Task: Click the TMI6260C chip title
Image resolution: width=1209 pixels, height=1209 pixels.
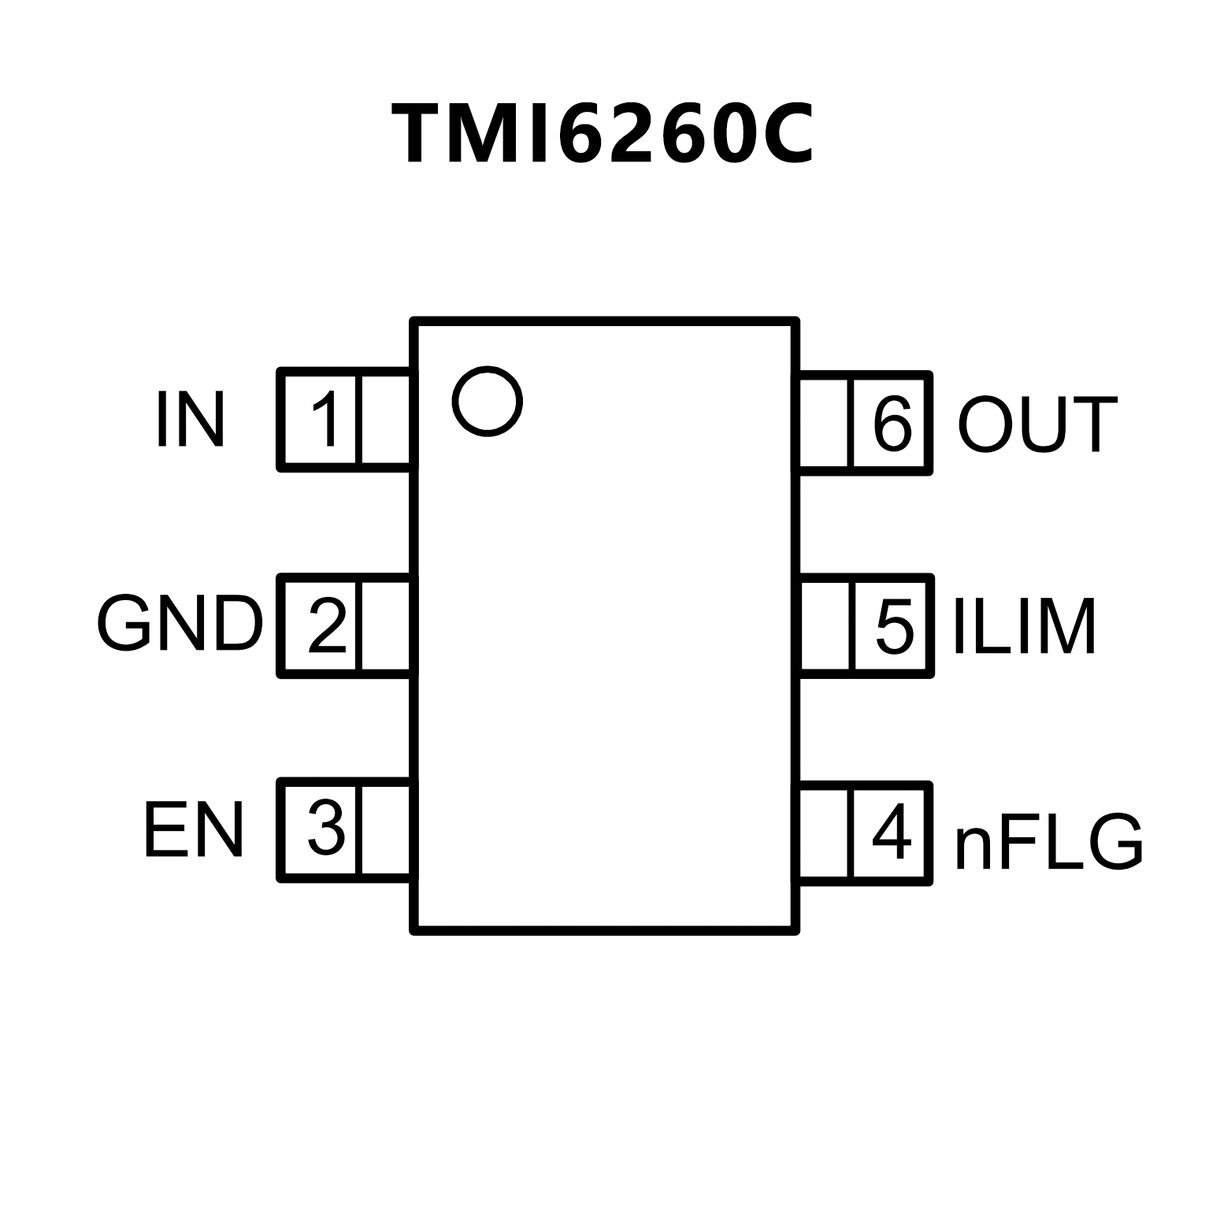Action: (603, 134)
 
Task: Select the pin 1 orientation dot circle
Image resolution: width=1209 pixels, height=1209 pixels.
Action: (488, 401)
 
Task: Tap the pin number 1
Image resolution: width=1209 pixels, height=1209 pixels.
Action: (325, 419)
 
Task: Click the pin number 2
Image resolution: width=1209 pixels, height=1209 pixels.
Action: (326, 625)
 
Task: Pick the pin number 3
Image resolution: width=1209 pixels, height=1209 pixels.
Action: (325, 829)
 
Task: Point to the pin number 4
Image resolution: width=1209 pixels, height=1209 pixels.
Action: (892, 833)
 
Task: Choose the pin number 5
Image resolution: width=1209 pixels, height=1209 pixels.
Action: (894, 627)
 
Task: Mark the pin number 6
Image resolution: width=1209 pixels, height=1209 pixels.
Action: (892, 424)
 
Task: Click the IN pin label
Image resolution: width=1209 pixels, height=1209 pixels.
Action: (191, 419)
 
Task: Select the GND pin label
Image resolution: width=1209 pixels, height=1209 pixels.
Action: (180, 624)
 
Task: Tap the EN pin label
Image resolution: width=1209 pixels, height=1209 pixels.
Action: (194, 830)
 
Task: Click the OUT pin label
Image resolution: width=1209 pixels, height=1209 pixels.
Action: (1037, 425)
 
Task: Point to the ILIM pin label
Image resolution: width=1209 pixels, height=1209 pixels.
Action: (1025, 627)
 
